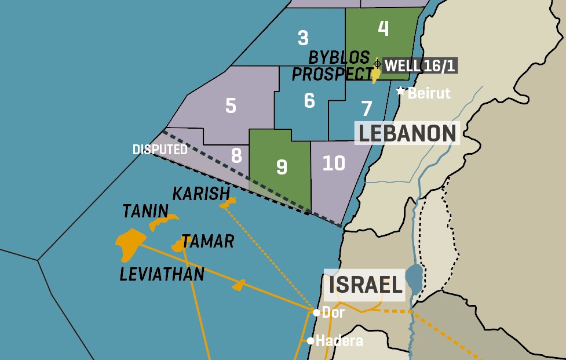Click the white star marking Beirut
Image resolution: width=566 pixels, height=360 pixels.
coord(400,91)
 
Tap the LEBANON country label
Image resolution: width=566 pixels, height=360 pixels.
coord(407,133)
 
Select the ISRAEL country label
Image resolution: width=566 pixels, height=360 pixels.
coord(365,285)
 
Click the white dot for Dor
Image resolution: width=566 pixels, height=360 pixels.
coord(316,312)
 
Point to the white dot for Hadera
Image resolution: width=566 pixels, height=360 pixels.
coord(311,341)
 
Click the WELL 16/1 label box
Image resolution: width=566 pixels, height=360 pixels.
coord(420,66)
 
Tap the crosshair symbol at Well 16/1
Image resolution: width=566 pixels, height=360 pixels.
coord(377,64)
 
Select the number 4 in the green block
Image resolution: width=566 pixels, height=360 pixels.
coord(383,28)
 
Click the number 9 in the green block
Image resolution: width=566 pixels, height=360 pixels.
coord(282,167)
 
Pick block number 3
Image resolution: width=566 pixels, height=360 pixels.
coord(303,38)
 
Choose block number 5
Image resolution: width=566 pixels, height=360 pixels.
coord(231,106)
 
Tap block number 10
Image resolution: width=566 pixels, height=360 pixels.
coord(334,163)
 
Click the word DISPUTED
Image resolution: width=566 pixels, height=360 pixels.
coord(160,150)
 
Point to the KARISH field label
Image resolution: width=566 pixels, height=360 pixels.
coord(201,192)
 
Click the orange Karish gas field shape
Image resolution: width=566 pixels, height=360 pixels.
coord(228,203)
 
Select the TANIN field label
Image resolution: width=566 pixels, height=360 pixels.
coord(145,211)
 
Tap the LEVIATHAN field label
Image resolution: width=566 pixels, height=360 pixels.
coord(162,274)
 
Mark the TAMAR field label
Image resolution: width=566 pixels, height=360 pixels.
coord(207,241)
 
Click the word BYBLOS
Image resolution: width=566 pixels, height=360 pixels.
coord(339,57)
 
